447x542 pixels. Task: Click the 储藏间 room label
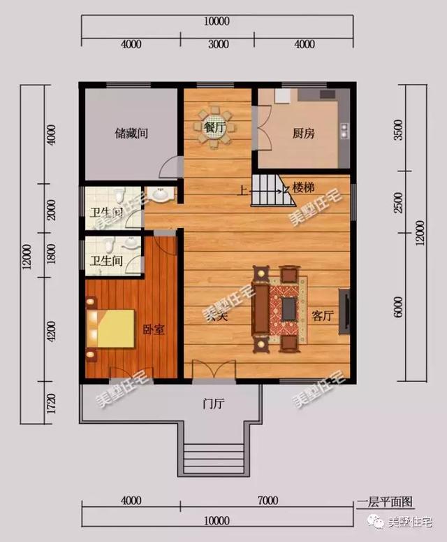(131, 132)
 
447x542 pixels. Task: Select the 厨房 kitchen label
(304, 133)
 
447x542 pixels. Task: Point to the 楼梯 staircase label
(303, 187)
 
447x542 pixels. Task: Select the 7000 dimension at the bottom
(268, 501)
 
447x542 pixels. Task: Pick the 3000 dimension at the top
(219, 45)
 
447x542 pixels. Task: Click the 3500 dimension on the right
(398, 131)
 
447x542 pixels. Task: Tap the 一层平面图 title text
(385, 501)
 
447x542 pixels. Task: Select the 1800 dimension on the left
(51, 257)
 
